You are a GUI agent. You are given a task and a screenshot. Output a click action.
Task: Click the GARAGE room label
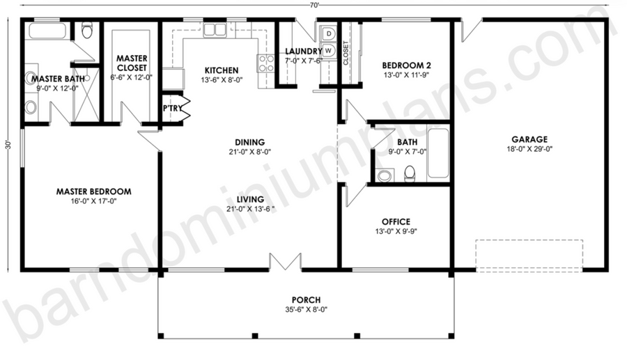pos(529,139)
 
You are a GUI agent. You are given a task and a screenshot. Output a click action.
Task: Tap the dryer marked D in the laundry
pos(329,33)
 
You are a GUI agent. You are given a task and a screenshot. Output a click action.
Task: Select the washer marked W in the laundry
pos(329,50)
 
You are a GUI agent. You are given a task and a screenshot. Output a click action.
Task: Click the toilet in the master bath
pos(87,29)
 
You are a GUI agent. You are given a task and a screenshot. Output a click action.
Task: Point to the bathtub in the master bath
pos(47,31)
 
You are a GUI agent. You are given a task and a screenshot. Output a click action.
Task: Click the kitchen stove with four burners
pos(265,63)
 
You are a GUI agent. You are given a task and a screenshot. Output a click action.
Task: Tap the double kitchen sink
pos(215,29)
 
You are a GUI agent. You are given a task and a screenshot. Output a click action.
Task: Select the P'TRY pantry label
pos(172,109)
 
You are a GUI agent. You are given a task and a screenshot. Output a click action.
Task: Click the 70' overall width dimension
pos(314,5)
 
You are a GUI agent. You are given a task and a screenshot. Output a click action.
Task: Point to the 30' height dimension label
pos(8,145)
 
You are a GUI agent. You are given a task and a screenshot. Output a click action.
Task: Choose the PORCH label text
pos(306,299)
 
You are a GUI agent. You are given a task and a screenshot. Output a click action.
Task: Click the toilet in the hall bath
pos(410,173)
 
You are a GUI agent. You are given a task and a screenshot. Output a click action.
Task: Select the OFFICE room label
pos(396,221)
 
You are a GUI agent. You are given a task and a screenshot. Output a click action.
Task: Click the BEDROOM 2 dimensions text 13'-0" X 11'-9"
pos(406,75)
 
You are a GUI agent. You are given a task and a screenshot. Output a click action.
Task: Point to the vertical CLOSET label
pos(346,53)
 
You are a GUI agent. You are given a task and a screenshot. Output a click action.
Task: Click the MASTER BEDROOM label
pos(93,191)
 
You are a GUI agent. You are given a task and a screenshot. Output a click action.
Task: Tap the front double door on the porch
pos(285,262)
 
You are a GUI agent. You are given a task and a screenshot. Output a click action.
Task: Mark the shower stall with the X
pos(86,95)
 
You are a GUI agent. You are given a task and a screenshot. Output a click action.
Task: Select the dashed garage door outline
pos(529,256)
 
